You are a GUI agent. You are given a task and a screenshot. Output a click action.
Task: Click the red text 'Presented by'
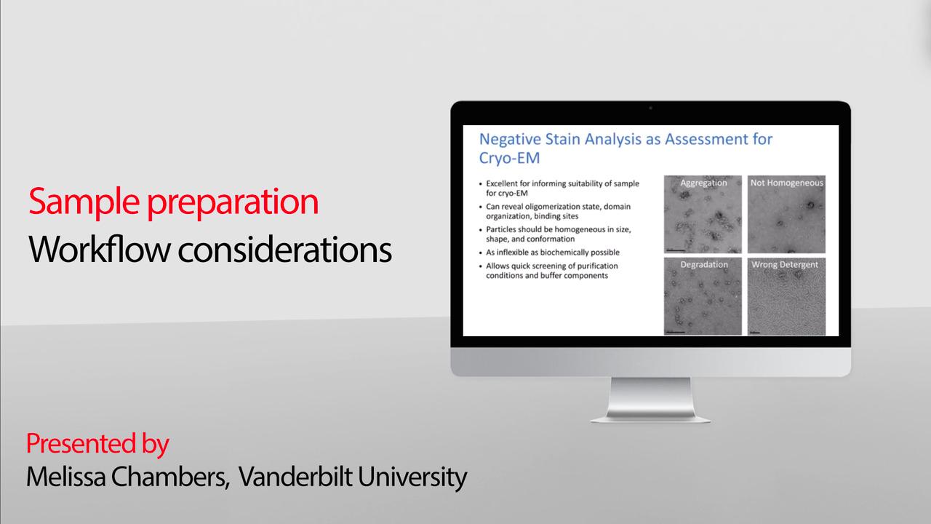point(97,443)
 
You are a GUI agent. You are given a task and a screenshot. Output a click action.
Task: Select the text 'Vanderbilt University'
point(353,477)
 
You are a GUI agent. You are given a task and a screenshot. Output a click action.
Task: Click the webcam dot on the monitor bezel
point(650,108)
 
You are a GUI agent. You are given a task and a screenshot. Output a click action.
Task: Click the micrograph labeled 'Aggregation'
point(703,215)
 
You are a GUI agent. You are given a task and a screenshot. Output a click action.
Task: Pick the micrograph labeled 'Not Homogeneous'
point(786,215)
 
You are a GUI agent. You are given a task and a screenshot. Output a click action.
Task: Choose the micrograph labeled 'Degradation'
point(703,296)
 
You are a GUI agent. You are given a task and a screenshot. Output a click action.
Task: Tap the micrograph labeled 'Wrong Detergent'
point(786,296)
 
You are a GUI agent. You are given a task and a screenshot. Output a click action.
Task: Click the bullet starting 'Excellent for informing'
point(553,188)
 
